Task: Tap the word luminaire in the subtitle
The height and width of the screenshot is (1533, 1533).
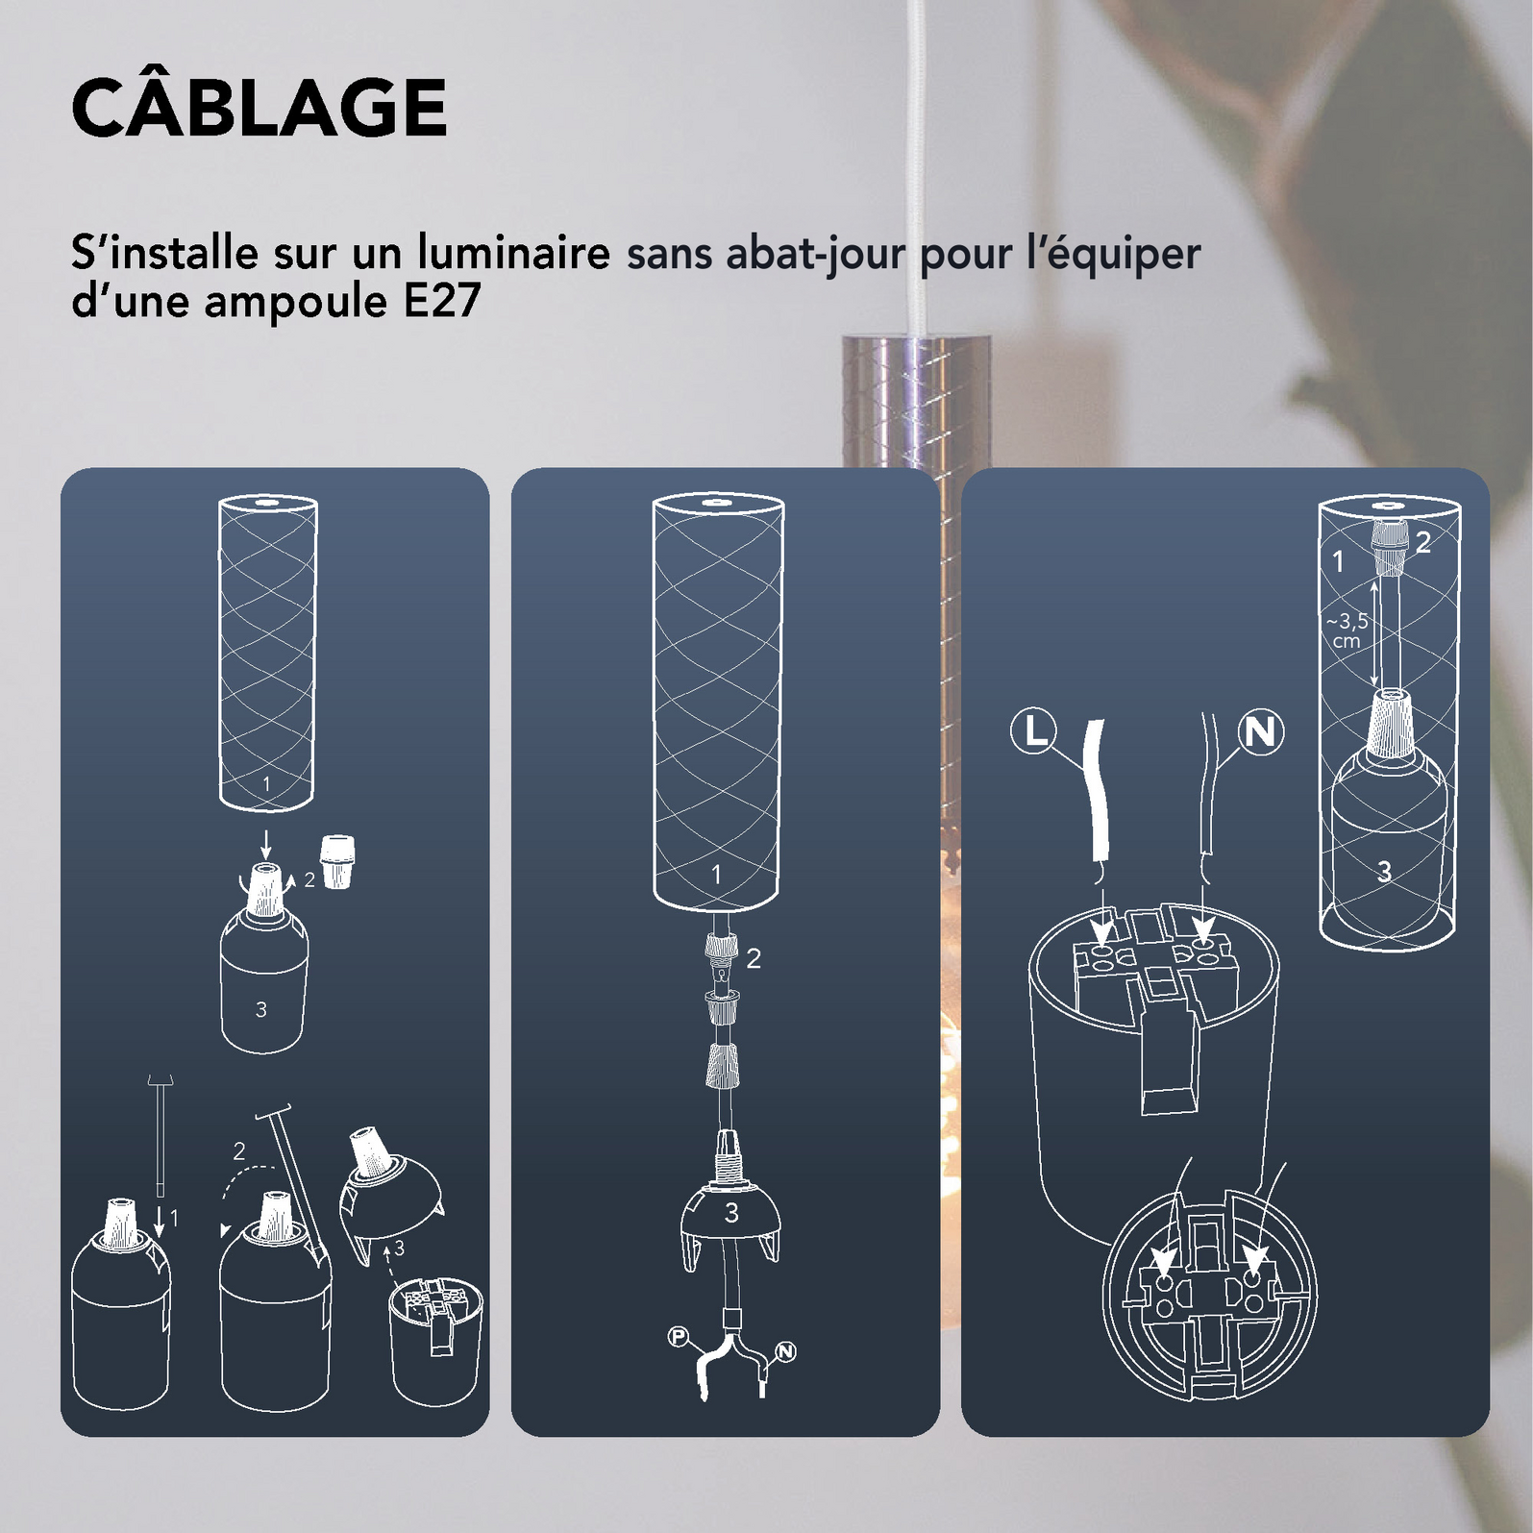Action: point(513,253)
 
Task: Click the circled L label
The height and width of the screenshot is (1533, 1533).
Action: point(1034,732)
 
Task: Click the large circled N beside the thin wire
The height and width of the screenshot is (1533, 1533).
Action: point(1261,733)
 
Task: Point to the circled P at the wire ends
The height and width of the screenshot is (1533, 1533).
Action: point(679,1337)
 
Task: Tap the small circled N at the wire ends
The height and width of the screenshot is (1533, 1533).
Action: point(786,1352)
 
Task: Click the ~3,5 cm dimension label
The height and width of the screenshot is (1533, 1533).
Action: point(1348,631)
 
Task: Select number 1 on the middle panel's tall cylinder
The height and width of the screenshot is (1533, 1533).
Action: point(716,875)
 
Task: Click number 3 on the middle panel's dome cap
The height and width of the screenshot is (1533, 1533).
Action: point(731,1213)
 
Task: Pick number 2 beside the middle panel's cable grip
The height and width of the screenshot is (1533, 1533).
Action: point(754,958)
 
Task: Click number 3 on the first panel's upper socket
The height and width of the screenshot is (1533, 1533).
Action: point(260,1009)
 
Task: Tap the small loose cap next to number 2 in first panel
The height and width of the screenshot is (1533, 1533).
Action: point(334,861)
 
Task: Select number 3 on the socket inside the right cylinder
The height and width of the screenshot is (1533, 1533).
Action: point(1384,872)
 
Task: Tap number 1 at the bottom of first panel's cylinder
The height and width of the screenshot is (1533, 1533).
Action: point(266,784)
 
